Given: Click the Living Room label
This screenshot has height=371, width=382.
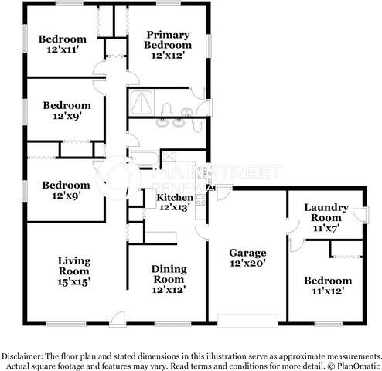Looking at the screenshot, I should pos(74,265).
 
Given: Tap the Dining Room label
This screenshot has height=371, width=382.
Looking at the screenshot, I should pos(168,274).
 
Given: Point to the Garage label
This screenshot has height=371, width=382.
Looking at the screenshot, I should pos(247,253).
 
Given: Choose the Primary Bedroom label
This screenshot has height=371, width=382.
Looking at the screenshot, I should pos(167,39).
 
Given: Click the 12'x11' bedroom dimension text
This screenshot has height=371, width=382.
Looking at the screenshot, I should pos(63,51).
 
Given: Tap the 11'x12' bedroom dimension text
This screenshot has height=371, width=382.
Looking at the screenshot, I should pos(327,292).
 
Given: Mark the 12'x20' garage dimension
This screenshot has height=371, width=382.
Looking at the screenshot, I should pos(247,264).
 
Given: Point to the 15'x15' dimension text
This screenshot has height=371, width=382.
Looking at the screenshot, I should pos(74,282).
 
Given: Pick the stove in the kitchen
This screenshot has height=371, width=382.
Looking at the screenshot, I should pos(201,203).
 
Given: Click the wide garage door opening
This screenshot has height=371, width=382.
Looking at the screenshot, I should pos(247,320).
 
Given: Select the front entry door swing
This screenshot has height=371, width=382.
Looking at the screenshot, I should pos(117,317).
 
